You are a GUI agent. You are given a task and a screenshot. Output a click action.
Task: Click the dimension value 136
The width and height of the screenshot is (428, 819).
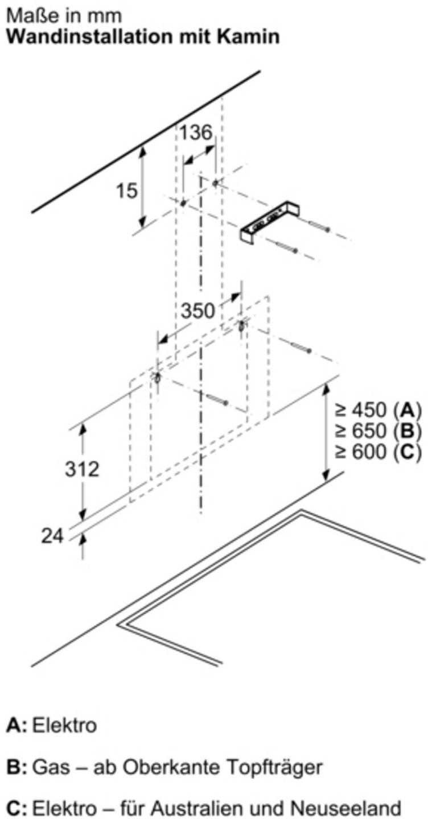[196, 133]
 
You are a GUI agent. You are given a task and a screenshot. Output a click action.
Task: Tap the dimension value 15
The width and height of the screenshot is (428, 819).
[126, 191]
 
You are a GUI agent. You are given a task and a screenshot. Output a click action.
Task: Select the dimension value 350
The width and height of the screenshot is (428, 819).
[198, 311]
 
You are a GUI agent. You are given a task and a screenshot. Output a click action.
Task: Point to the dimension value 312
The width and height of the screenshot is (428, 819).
[82, 469]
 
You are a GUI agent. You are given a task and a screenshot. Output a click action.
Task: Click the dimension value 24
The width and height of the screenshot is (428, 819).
[52, 536]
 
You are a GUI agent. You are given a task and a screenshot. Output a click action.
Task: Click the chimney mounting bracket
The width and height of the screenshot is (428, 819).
[270, 222]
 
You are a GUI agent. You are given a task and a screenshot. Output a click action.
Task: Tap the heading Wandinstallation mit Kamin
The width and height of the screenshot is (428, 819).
[143, 37]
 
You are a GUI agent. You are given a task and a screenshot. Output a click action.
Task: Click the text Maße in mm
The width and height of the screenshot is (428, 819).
[64, 16]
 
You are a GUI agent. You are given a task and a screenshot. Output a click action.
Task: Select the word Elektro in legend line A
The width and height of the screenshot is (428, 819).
[65, 725]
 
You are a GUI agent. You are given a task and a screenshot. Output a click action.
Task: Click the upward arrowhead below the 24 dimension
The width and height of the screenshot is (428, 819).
[83, 538]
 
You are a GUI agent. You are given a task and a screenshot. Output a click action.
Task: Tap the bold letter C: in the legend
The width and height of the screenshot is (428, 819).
[17, 807]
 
